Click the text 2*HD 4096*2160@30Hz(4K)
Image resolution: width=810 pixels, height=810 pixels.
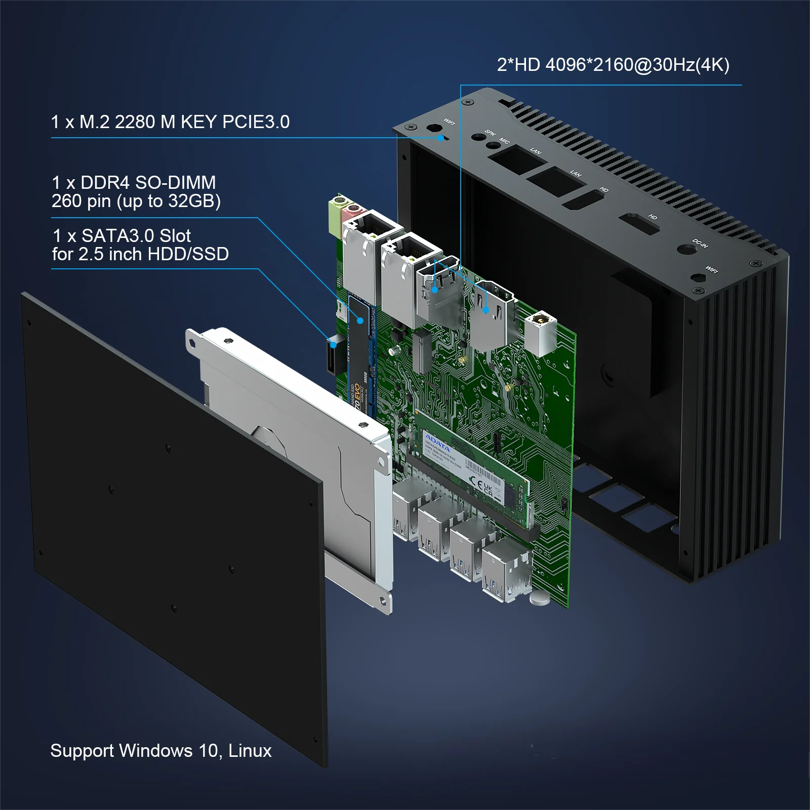[613, 65]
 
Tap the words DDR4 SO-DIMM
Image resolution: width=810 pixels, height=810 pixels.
[148, 182]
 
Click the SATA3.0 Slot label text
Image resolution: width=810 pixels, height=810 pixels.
[136, 236]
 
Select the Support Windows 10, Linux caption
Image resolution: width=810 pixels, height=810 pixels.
[160, 750]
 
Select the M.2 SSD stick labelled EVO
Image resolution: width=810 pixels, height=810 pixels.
[360, 364]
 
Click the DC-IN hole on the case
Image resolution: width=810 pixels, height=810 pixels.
[684, 250]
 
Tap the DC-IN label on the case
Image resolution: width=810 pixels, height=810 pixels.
[700, 243]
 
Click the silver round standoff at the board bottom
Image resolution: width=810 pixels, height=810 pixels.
[540, 598]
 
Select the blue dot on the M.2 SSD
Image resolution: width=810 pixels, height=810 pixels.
[360, 320]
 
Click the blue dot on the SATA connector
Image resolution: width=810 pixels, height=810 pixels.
[334, 345]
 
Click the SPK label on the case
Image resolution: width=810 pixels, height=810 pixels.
[490, 133]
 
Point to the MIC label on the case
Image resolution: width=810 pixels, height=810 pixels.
[504, 140]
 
